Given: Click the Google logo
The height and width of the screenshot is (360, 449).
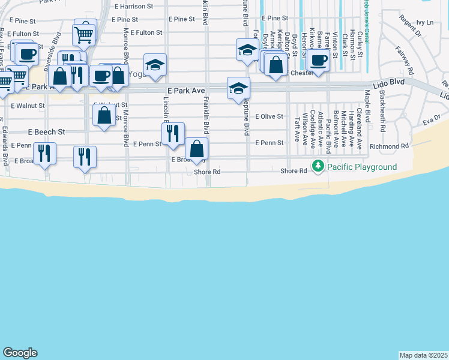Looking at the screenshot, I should pyautogui.click(x=20, y=353).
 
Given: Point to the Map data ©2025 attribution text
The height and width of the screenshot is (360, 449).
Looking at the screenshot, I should pyautogui.click(x=424, y=355).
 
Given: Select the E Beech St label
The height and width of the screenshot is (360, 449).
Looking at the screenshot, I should pyautogui.click(x=46, y=131).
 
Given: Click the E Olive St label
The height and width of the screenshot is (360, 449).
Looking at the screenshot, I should pyautogui.click(x=269, y=116).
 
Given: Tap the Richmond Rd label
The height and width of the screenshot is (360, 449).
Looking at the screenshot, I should pyautogui.click(x=390, y=146).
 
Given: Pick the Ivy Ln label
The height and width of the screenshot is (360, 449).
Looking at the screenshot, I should pyautogui.click(x=424, y=22).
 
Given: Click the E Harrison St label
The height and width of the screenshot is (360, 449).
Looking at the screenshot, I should pyautogui.click(x=136, y=6).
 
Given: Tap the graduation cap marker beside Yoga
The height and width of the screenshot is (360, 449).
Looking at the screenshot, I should pyautogui.click(x=155, y=65).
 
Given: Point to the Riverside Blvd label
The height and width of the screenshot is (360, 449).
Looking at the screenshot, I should pyautogui.click(x=57, y=46).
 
